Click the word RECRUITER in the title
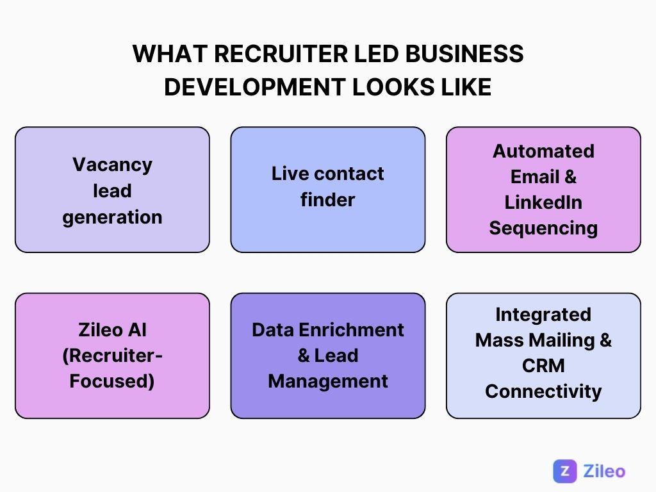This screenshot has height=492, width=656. [x=280, y=54]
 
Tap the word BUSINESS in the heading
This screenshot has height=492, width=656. [x=459, y=54]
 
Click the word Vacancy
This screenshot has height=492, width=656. [x=112, y=165]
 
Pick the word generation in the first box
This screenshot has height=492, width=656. [x=112, y=217]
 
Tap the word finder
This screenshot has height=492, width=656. [x=327, y=199]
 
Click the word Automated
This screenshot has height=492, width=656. [x=543, y=151]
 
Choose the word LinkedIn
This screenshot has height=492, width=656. [x=543, y=202]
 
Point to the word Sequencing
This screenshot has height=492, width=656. [x=543, y=228]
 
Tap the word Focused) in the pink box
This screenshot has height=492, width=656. [x=112, y=381]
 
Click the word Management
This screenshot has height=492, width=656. [x=327, y=381]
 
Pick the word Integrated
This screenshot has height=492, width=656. [x=543, y=315]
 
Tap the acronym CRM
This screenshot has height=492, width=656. [x=543, y=366]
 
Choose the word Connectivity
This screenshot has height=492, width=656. [x=543, y=391]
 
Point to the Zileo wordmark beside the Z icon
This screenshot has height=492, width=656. [x=604, y=471]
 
